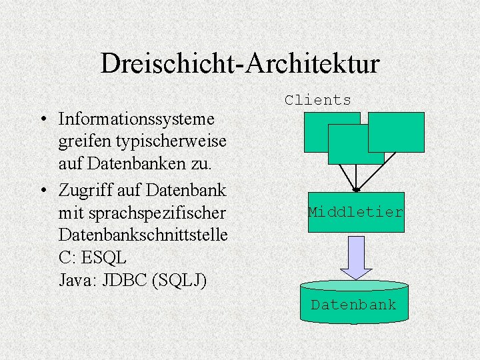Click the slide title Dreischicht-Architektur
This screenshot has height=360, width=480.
(240, 63)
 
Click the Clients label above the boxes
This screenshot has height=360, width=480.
(317, 101)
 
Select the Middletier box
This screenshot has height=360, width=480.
(356, 212)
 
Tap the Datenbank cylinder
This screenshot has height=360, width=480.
(353, 304)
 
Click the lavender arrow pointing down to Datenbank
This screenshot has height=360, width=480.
(356, 257)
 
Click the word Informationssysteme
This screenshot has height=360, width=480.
(137, 119)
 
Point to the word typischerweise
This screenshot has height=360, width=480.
(170, 141)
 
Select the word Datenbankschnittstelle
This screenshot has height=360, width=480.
(143, 235)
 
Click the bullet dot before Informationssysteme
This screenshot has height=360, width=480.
(42, 120)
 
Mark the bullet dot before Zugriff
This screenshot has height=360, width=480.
(42, 190)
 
